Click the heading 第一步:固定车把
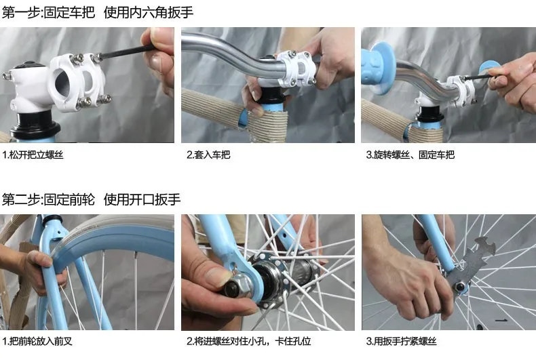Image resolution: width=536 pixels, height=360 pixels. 48,14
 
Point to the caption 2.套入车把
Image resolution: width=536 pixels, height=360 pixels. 208,155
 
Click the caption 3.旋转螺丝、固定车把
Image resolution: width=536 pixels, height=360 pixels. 410,155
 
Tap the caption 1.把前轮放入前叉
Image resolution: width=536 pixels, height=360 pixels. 39,341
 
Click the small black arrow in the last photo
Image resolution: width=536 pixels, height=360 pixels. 503,318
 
